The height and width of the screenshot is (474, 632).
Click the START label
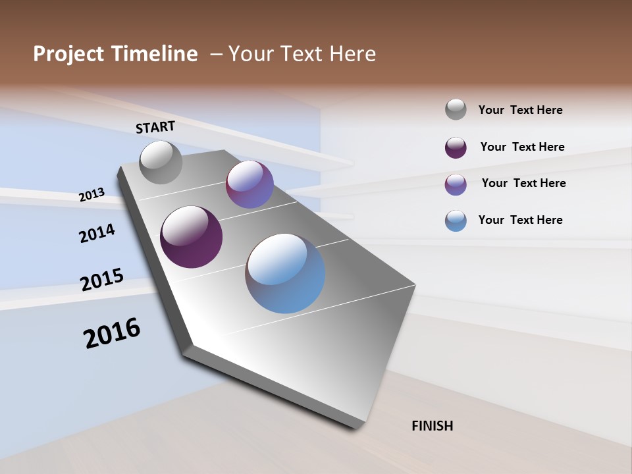155,127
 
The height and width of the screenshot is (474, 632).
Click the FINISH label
433,426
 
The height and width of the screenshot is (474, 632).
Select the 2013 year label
92,195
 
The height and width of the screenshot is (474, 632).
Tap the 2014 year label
97,233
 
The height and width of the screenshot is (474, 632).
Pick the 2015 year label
102,279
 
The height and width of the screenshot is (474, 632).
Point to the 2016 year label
112,333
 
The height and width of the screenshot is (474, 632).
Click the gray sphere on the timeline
161,162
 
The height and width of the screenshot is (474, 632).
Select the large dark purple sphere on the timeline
191,237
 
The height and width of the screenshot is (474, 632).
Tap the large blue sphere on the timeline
285,273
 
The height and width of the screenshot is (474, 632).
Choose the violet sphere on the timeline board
250,184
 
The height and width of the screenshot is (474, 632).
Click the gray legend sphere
456,110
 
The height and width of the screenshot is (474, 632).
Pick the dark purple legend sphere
456,147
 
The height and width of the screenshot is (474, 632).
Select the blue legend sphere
456,221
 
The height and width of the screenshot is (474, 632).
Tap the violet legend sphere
456,184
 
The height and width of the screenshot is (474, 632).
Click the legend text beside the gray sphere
521,111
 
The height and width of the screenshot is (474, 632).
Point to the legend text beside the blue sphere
521,220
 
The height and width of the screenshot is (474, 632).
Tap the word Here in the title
352,54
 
